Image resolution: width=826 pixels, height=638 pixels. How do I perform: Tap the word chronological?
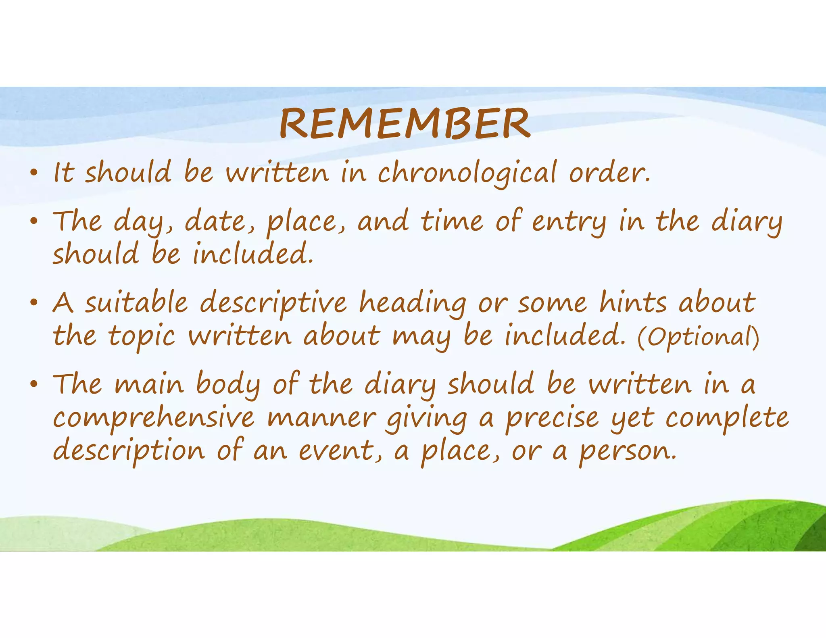pos(467,173)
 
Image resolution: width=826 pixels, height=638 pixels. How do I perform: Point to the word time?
pos(452,221)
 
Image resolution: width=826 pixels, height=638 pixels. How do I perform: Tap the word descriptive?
pos(273,303)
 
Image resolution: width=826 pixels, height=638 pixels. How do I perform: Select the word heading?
pos(413,303)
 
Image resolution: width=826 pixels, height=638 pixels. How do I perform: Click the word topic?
pos(142,336)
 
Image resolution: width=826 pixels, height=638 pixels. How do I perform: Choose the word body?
pos(228,384)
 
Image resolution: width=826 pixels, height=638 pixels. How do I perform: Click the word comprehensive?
pos(154,419)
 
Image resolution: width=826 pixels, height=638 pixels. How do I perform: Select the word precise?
pos(552,419)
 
